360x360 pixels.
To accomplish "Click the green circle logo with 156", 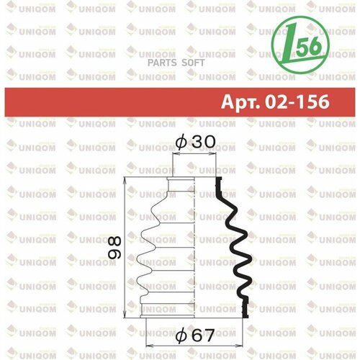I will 303,46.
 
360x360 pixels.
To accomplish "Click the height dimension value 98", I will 113,247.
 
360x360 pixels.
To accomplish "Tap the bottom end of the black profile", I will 247,314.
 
